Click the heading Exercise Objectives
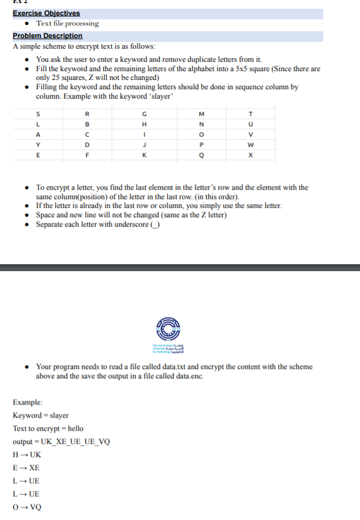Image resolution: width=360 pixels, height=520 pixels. click(46, 13)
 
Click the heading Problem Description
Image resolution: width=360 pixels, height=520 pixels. click(47, 36)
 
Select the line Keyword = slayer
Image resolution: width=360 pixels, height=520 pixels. click(41, 415)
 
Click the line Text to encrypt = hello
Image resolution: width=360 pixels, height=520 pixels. click(47, 428)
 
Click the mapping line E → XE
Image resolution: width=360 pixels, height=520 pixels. click(26, 468)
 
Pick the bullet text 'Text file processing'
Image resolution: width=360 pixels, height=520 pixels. click(67, 24)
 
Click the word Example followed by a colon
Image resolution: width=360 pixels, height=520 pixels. click(27, 402)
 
